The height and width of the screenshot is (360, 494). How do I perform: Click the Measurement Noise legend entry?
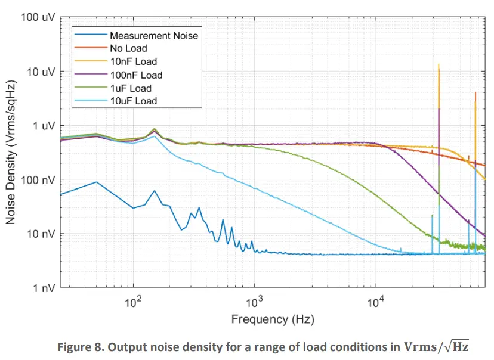[x=153, y=35]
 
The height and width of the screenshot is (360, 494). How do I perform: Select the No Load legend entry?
[x=128, y=48]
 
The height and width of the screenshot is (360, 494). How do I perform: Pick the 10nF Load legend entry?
[x=133, y=61]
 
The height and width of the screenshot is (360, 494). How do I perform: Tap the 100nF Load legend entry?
[x=135, y=75]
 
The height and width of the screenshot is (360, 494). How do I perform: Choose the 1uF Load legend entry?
[x=131, y=88]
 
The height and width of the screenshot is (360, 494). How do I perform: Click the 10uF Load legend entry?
[x=133, y=101]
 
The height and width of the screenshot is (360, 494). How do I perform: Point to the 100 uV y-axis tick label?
[x=38, y=17]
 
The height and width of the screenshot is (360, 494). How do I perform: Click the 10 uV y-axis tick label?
[x=41, y=72]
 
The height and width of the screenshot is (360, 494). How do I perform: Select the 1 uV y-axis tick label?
[x=43, y=126]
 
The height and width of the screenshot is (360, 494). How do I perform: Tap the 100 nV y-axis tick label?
[x=39, y=180]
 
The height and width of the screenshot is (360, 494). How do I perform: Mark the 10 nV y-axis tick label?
[x=41, y=234]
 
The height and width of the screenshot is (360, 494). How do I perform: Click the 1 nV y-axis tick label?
[x=44, y=288]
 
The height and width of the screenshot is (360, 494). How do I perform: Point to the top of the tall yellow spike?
[x=439, y=64]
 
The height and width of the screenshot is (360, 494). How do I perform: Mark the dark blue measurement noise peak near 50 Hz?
[x=97, y=182]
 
